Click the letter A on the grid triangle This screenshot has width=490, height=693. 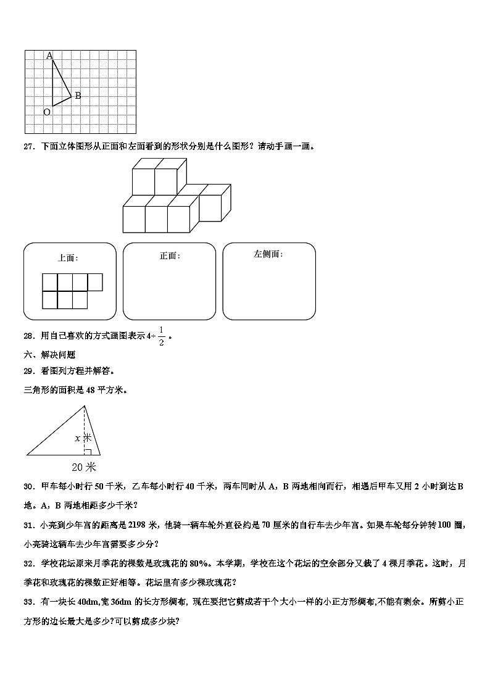point(49,56)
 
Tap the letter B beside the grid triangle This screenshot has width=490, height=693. point(78,96)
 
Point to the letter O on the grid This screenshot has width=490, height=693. point(46,112)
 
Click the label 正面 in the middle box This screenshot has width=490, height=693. point(169,256)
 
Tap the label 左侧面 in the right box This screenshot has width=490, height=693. point(268,254)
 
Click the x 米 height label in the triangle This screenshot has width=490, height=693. point(83,438)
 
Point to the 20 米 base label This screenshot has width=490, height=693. point(84,467)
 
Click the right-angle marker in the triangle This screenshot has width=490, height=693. point(88,452)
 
